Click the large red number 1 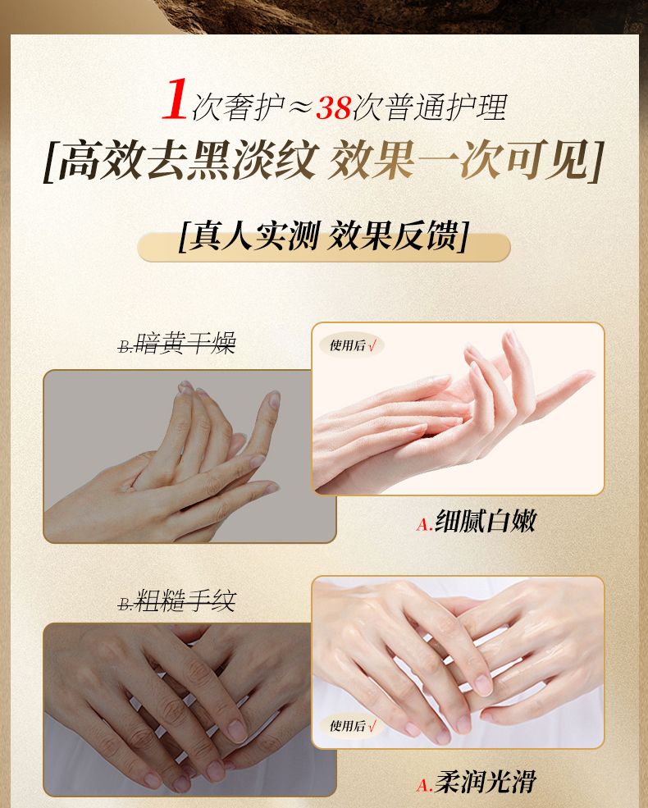tap(176, 99)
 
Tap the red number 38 tap(333, 107)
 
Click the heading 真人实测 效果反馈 tap(323, 236)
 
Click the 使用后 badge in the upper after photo tap(352, 345)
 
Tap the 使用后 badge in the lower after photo tap(352, 725)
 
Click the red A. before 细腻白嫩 tap(424, 524)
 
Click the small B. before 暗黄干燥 tap(125, 346)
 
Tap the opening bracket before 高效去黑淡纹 tap(51, 161)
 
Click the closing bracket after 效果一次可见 tap(596, 161)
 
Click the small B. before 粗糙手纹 tap(125, 604)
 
